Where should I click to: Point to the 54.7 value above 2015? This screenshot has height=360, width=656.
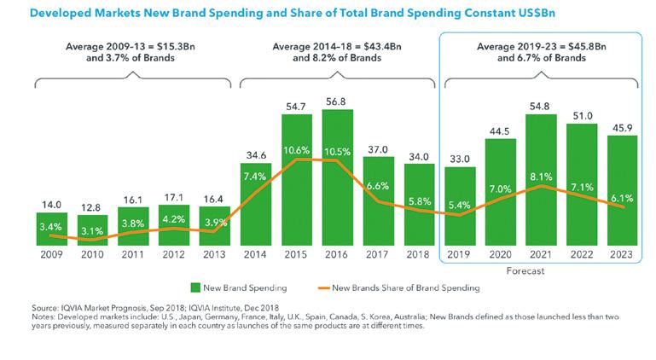[x=296, y=106]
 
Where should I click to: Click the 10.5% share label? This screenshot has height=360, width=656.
[x=338, y=150]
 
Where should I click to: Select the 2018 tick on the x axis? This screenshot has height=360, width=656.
[x=420, y=255]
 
